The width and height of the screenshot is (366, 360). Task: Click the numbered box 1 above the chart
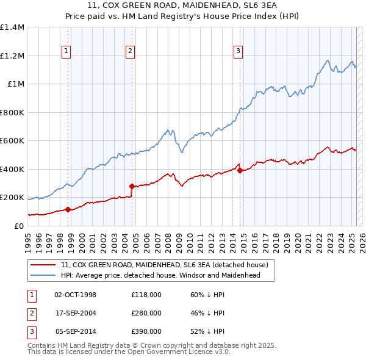click(x=65, y=51)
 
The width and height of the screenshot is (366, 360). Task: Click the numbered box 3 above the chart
click(x=238, y=51)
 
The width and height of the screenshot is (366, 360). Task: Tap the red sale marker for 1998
click(x=68, y=209)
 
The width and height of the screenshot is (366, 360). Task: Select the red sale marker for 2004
click(x=132, y=186)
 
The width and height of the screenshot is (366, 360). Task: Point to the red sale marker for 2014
click(x=240, y=170)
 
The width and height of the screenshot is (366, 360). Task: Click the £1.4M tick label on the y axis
click(x=12, y=27)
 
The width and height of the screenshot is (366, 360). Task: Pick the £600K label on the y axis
click(x=12, y=141)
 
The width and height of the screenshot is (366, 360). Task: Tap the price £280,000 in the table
click(x=146, y=313)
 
